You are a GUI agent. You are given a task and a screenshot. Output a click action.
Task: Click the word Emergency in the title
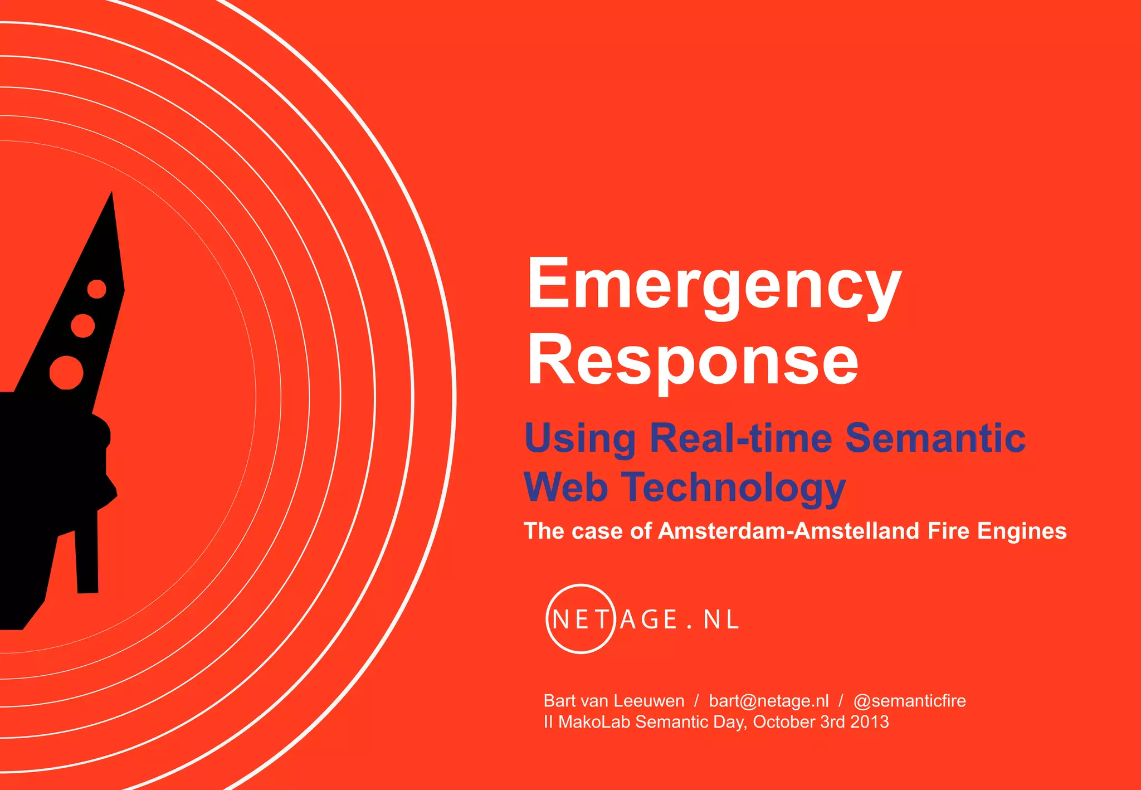[x=714, y=285]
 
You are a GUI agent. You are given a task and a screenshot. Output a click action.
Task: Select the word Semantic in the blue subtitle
[x=935, y=438]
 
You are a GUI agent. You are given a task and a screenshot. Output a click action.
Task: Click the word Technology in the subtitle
[x=734, y=487]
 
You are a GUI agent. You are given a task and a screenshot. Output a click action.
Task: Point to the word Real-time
[x=741, y=438]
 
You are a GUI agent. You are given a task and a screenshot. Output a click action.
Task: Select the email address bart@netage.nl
[x=768, y=701]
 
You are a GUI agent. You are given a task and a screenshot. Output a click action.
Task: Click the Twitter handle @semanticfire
[x=909, y=701]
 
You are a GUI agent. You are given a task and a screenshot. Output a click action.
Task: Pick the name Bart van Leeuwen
[x=613, y=701]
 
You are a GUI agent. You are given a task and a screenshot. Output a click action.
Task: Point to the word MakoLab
[x=594, y=722]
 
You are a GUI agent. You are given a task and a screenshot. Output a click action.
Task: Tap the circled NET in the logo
[x=580, y=619]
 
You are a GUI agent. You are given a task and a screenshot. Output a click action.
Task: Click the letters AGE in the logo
[x=648, y=620]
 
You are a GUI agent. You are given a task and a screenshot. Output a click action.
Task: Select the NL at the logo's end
[x=721, y=620]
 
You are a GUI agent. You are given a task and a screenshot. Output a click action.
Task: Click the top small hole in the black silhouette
[x=97, y=289]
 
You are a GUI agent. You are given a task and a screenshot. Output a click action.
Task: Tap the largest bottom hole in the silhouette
[x=66, y=372]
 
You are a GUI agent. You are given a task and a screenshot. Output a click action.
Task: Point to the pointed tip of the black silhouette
[x=112, y=194]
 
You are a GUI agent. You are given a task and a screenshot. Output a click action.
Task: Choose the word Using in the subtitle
[x=580, y=439]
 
